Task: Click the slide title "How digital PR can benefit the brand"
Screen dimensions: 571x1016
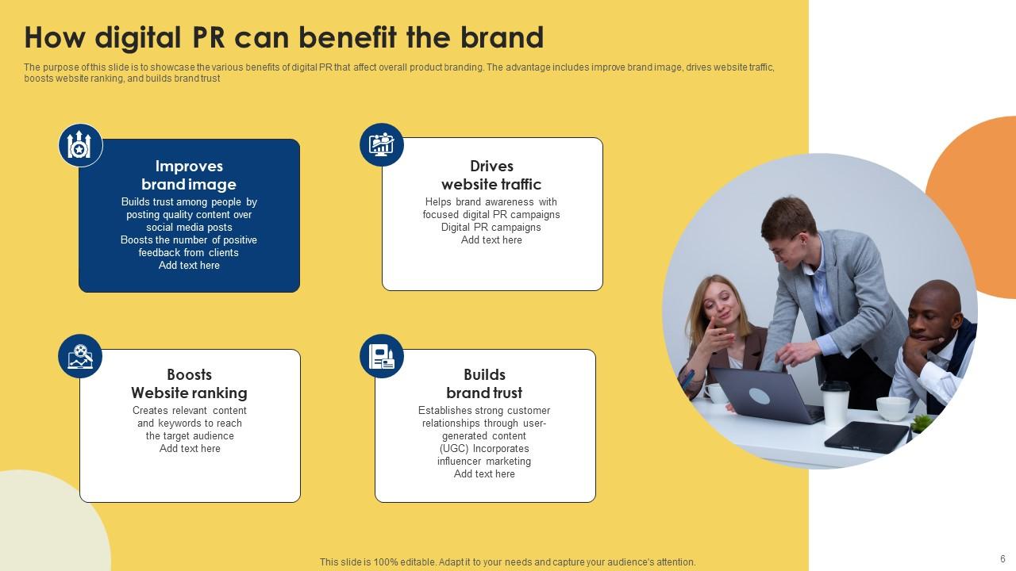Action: (x=284, y=37)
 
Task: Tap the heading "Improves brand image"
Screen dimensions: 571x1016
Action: (x=189, y=175)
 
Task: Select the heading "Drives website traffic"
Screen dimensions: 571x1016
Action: (x=491, y=175)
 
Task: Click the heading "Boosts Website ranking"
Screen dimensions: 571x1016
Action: (x=189, y=384)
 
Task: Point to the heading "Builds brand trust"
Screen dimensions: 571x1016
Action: (x=484, y=384)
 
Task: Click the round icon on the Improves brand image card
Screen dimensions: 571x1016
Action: (x=80, y=145)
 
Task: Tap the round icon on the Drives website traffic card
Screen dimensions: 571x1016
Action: (x=382, y=144)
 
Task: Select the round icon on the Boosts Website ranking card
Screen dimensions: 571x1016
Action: (x=80, y=356)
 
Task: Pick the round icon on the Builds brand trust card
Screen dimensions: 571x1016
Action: (x=382, y=356)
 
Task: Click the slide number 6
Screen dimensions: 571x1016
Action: (x=1003, y=559)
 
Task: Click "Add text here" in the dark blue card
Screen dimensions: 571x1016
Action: (x=189, y=266)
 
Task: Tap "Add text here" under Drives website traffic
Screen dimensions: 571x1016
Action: (x=491, y=240)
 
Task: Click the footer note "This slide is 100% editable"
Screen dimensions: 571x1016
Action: (x=507, y=562)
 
